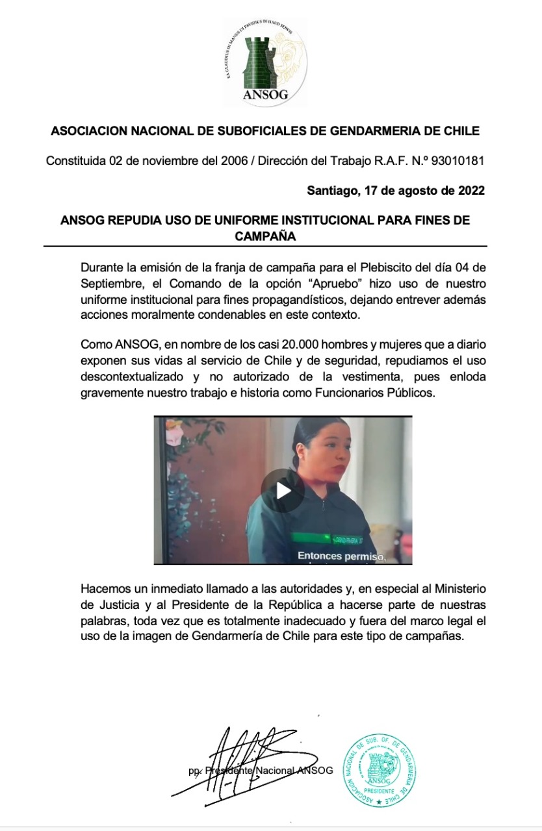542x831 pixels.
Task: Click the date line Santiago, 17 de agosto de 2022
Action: coord(395,191)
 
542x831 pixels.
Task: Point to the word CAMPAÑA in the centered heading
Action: coord(265,236)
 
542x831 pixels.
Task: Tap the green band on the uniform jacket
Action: coord(325,538)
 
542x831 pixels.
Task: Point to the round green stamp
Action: coord(380,771)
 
